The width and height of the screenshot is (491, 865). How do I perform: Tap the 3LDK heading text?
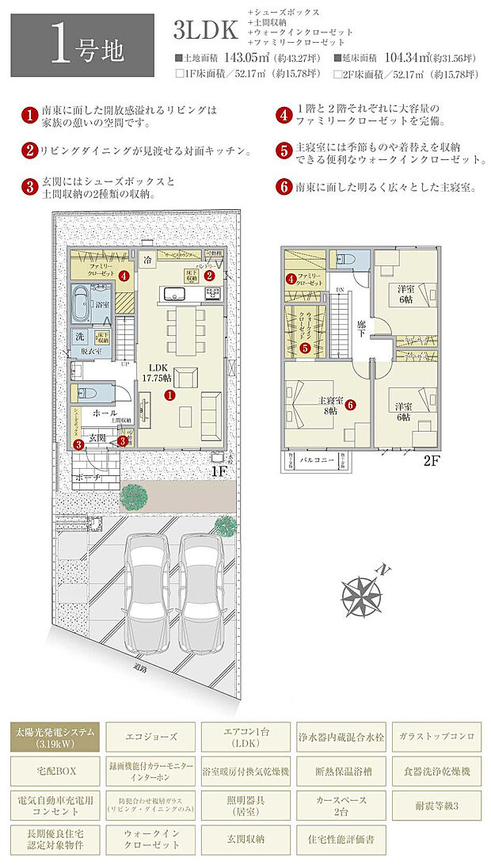[205, 31]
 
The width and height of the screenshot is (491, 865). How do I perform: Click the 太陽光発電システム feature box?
[55, 737]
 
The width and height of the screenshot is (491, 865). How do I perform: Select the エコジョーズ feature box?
[150, 737]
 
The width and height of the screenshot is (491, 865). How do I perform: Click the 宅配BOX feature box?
[55, 771]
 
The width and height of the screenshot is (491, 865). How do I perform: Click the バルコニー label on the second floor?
[310, 463]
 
